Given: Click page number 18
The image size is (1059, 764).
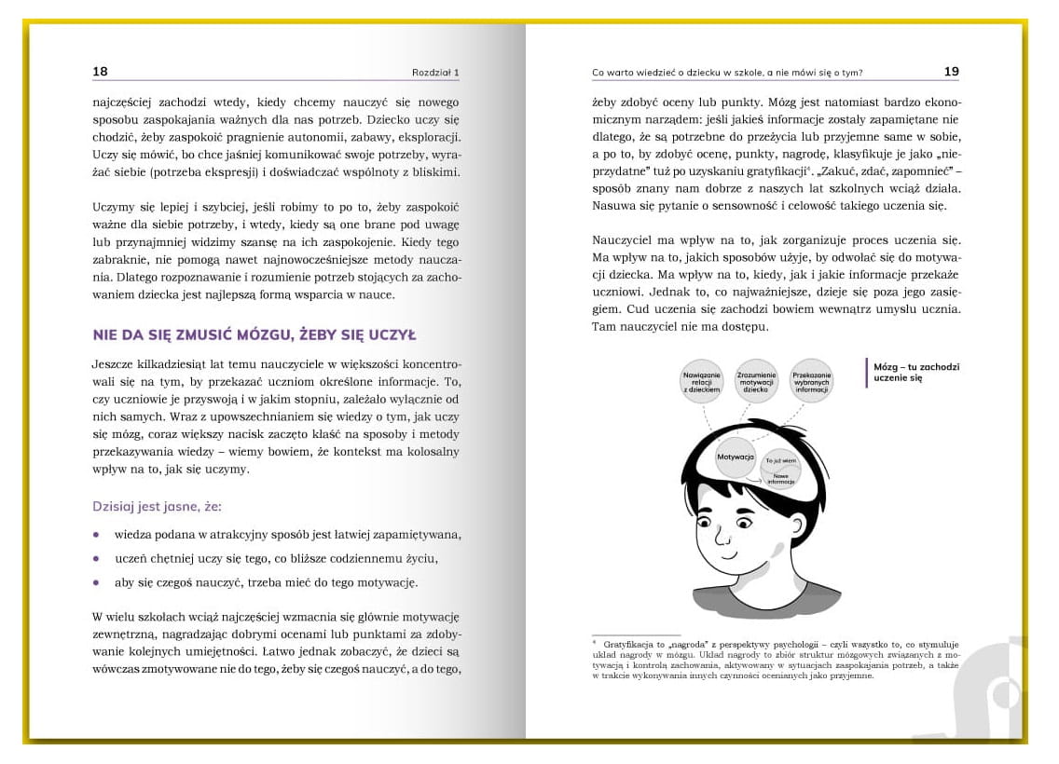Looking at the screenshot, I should point(100,72).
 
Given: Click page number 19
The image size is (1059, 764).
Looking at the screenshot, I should point(951,72).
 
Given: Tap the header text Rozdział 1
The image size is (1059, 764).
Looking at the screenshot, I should point(435,73).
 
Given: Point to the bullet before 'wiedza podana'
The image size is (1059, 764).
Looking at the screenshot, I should point(96,535).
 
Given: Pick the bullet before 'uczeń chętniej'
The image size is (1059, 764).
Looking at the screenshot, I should point(96,558).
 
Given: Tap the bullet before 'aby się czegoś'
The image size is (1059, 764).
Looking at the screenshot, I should point(96,582).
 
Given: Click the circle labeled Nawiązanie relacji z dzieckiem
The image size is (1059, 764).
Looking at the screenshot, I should point(703,381).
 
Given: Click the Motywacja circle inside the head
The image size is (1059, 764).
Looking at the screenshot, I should point(736,457).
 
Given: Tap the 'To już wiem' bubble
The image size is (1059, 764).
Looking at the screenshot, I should point(781,460).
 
